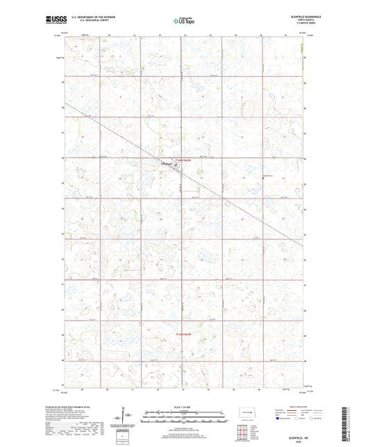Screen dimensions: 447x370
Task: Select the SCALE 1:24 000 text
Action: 184,407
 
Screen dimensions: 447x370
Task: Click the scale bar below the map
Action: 184,419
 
